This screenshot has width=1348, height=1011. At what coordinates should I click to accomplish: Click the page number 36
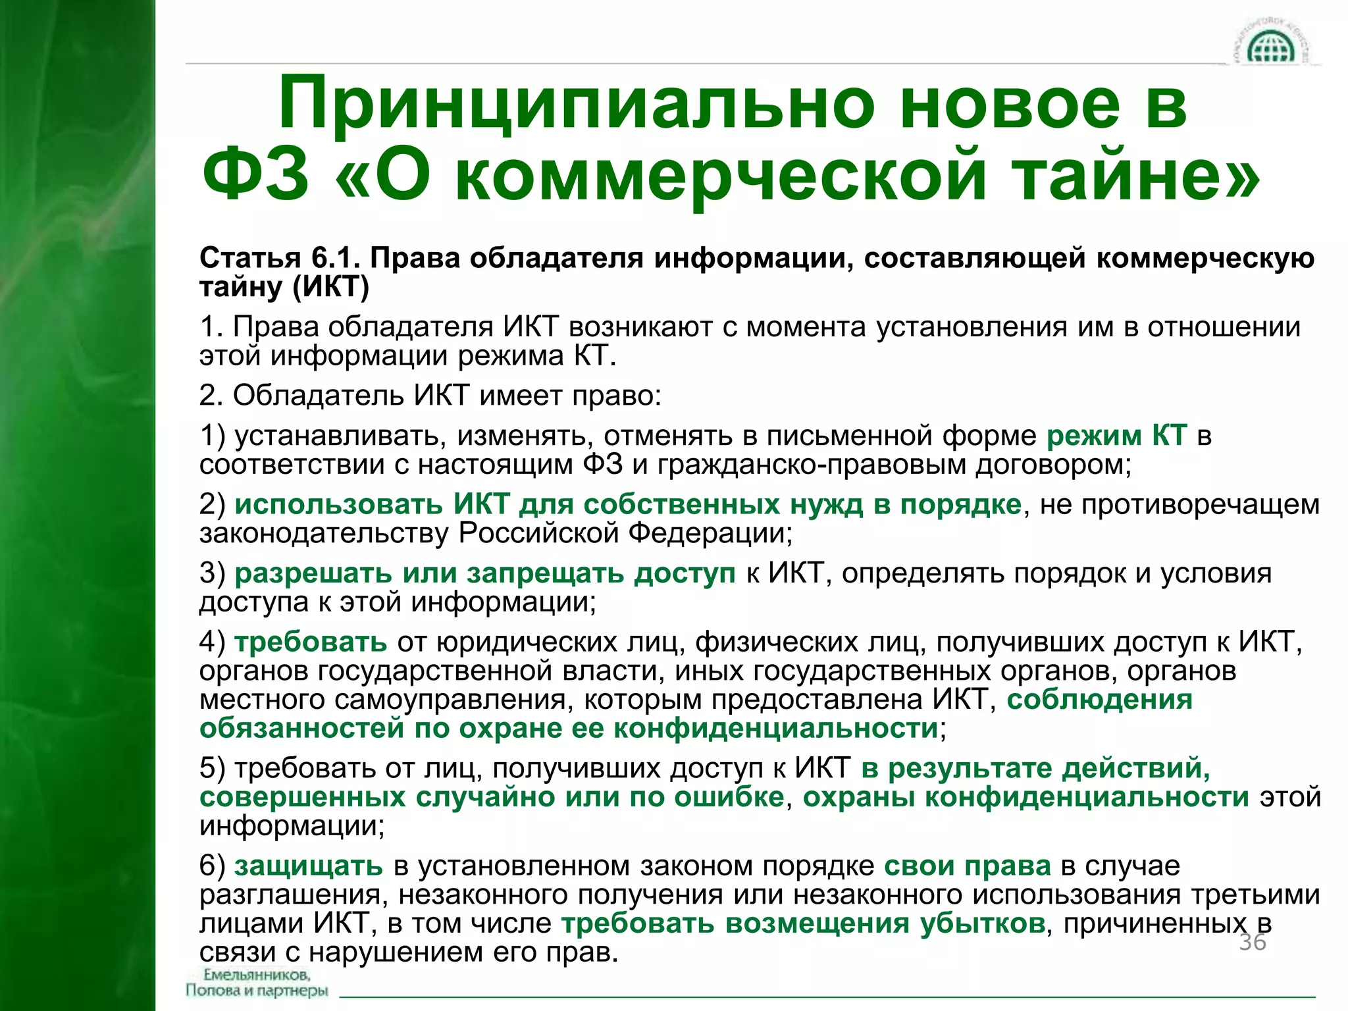click(x=1253, y=942)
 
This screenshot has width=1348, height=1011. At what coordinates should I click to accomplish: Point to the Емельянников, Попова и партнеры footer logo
click(x=257, y=983)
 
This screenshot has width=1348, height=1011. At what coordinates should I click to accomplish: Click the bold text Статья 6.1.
click(x=280, y=258)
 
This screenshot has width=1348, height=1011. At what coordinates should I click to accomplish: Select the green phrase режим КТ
click(x=1117, y=436)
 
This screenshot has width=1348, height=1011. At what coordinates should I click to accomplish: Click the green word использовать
click(x=338, y=504)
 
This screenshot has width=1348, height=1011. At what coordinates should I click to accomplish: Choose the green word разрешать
click(x=313, y=573)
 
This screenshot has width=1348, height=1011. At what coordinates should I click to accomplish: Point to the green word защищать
click(x=308, y=866)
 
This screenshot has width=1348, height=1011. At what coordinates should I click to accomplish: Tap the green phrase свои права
click(x=967, y=866)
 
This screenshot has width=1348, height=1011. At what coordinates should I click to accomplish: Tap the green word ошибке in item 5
click(x=729, y=797)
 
